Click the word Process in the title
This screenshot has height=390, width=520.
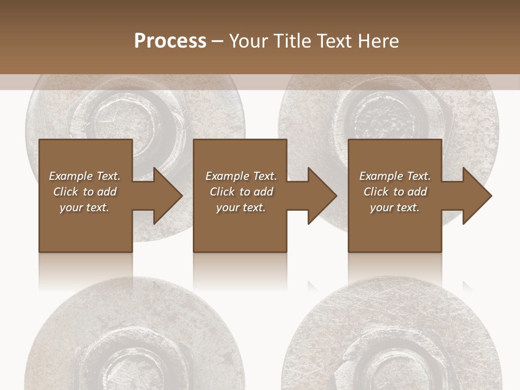click(170, 41)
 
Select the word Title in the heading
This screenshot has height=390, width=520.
click(290, 41)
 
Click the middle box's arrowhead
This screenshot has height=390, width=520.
click(321, 196)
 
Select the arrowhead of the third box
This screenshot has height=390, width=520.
click(476, 196)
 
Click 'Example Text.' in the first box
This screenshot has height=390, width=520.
click(84, 176)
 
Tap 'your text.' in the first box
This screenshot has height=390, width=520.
click(84, 207)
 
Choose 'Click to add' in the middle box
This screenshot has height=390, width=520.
click(241, 192)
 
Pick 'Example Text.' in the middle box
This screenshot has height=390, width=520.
click(241, 176)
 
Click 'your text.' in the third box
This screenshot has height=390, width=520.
click(394, 207)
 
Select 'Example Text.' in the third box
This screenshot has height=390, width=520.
click(395, 176)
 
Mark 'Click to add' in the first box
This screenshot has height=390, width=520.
click(84, 192)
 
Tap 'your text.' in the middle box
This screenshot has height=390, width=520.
click(240, 207)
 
